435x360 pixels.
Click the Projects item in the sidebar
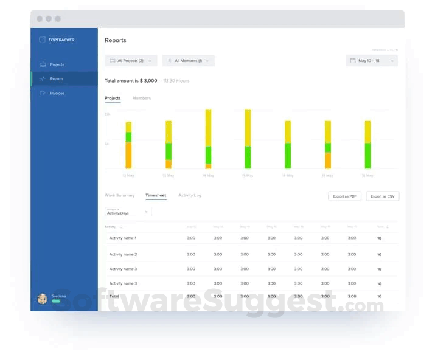(x=57, y=64)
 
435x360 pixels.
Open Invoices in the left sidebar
(x=57, y=93)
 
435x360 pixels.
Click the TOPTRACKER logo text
(x=61, y=40)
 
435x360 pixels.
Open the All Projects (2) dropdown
(x=131, y=61)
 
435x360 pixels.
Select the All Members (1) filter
(x=188, y=61)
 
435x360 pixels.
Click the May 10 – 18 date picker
(x=372, y=61)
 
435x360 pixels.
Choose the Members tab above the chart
(x=142, y=98)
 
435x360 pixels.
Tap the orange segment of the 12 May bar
(x=128, y=156)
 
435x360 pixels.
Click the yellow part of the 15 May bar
(x=248, y=128)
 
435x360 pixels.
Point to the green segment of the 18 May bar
(x=367, y=156)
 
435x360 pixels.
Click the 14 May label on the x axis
(x=208, y=176)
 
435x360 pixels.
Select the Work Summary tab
(x=120, y=195)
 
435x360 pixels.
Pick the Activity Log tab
(x=190, y=195)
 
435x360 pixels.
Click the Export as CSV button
(x=382, y=196)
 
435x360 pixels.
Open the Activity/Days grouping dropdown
(x=128, y=212)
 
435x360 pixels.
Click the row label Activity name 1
(x=123, y=238)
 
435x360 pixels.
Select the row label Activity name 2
(x=123, y=254)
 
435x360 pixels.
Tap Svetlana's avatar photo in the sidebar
(x=42, y=298)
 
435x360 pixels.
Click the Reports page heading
(x=116, y=40)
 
